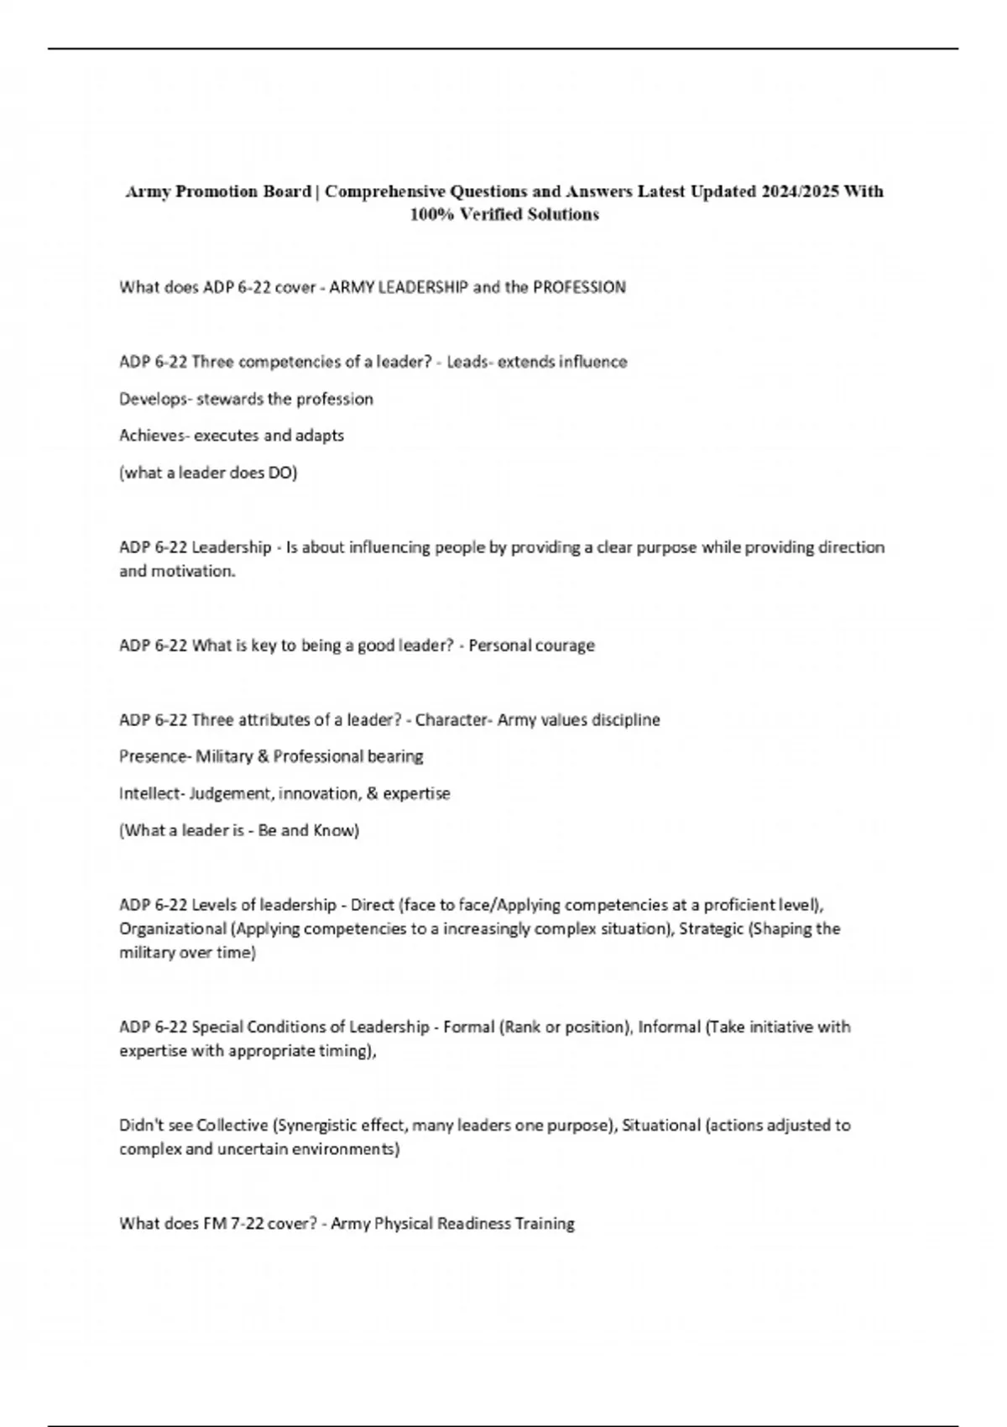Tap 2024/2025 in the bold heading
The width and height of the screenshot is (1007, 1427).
pyautogui.click(x=800, y=191)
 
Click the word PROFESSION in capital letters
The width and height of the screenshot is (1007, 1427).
pyautogui.click(x=579, y=287)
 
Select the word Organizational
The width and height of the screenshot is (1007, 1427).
pyautogui.click(x=173, y=928)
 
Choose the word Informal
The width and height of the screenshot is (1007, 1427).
pyautogui.click(x=669, y=1027)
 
